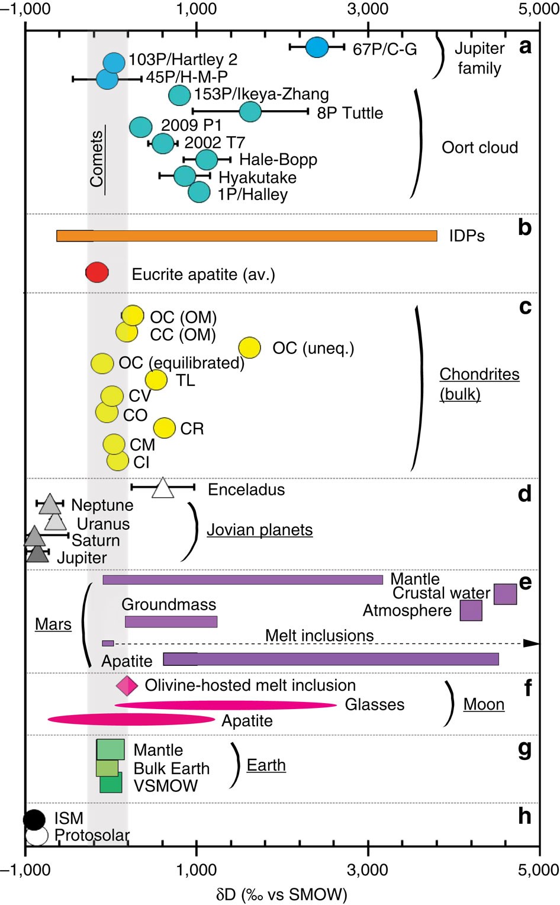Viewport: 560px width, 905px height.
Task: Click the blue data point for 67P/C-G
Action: point(317,47)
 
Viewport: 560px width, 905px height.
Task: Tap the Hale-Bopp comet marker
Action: point(206,159)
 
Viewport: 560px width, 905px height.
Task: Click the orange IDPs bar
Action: point(246,236)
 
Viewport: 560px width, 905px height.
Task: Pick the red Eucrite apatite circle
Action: point(97,273)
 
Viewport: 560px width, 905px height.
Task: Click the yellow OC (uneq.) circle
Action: point(250,347)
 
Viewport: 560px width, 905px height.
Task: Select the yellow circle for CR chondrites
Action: point(165,427)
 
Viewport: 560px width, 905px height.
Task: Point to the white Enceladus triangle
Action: point(163,489)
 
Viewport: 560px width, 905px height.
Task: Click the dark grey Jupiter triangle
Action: point(38,555)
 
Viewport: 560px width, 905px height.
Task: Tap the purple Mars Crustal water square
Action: point(505,594)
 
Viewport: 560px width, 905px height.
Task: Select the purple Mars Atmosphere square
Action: point(471,610)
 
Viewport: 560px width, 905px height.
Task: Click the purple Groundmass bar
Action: point(171,621)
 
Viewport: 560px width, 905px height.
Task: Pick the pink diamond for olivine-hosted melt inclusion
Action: point(127,685)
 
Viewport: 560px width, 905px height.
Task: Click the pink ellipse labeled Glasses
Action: point(225,705)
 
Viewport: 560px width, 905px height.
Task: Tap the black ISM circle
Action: point(34,820)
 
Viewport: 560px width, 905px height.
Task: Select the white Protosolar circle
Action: point(37,835)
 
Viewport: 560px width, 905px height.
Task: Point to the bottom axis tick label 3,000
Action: point(368,870)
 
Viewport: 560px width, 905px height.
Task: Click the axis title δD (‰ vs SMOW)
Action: point(281,894)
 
